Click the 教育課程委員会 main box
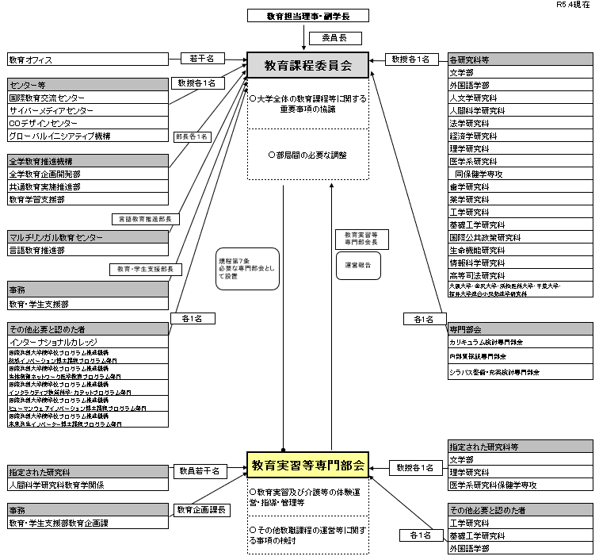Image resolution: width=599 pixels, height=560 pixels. point(308,65)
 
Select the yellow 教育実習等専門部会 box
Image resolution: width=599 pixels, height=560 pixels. point(307,465)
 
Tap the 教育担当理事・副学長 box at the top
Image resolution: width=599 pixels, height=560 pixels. point(308,15)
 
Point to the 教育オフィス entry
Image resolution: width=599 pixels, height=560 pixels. point(87,59)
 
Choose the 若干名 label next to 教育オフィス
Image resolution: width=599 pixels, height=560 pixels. point(202,59)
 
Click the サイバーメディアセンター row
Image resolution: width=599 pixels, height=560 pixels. point(87,110)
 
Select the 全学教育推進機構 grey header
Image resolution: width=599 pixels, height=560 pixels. point(87,161)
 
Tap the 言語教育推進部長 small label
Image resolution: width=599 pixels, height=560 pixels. point(148,219)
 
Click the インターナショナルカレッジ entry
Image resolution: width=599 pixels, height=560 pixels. point(87,341)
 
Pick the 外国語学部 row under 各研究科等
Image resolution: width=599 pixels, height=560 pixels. point(518,85)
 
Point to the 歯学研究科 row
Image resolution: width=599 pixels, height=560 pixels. point(518,187)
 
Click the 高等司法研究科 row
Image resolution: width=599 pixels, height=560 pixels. point(518,274)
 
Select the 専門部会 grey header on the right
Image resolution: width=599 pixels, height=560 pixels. point(518,328)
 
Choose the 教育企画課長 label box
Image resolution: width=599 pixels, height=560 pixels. point(202,510)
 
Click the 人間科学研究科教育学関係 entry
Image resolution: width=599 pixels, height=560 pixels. point(87,484)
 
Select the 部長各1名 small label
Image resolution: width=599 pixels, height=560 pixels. point(193,136)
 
